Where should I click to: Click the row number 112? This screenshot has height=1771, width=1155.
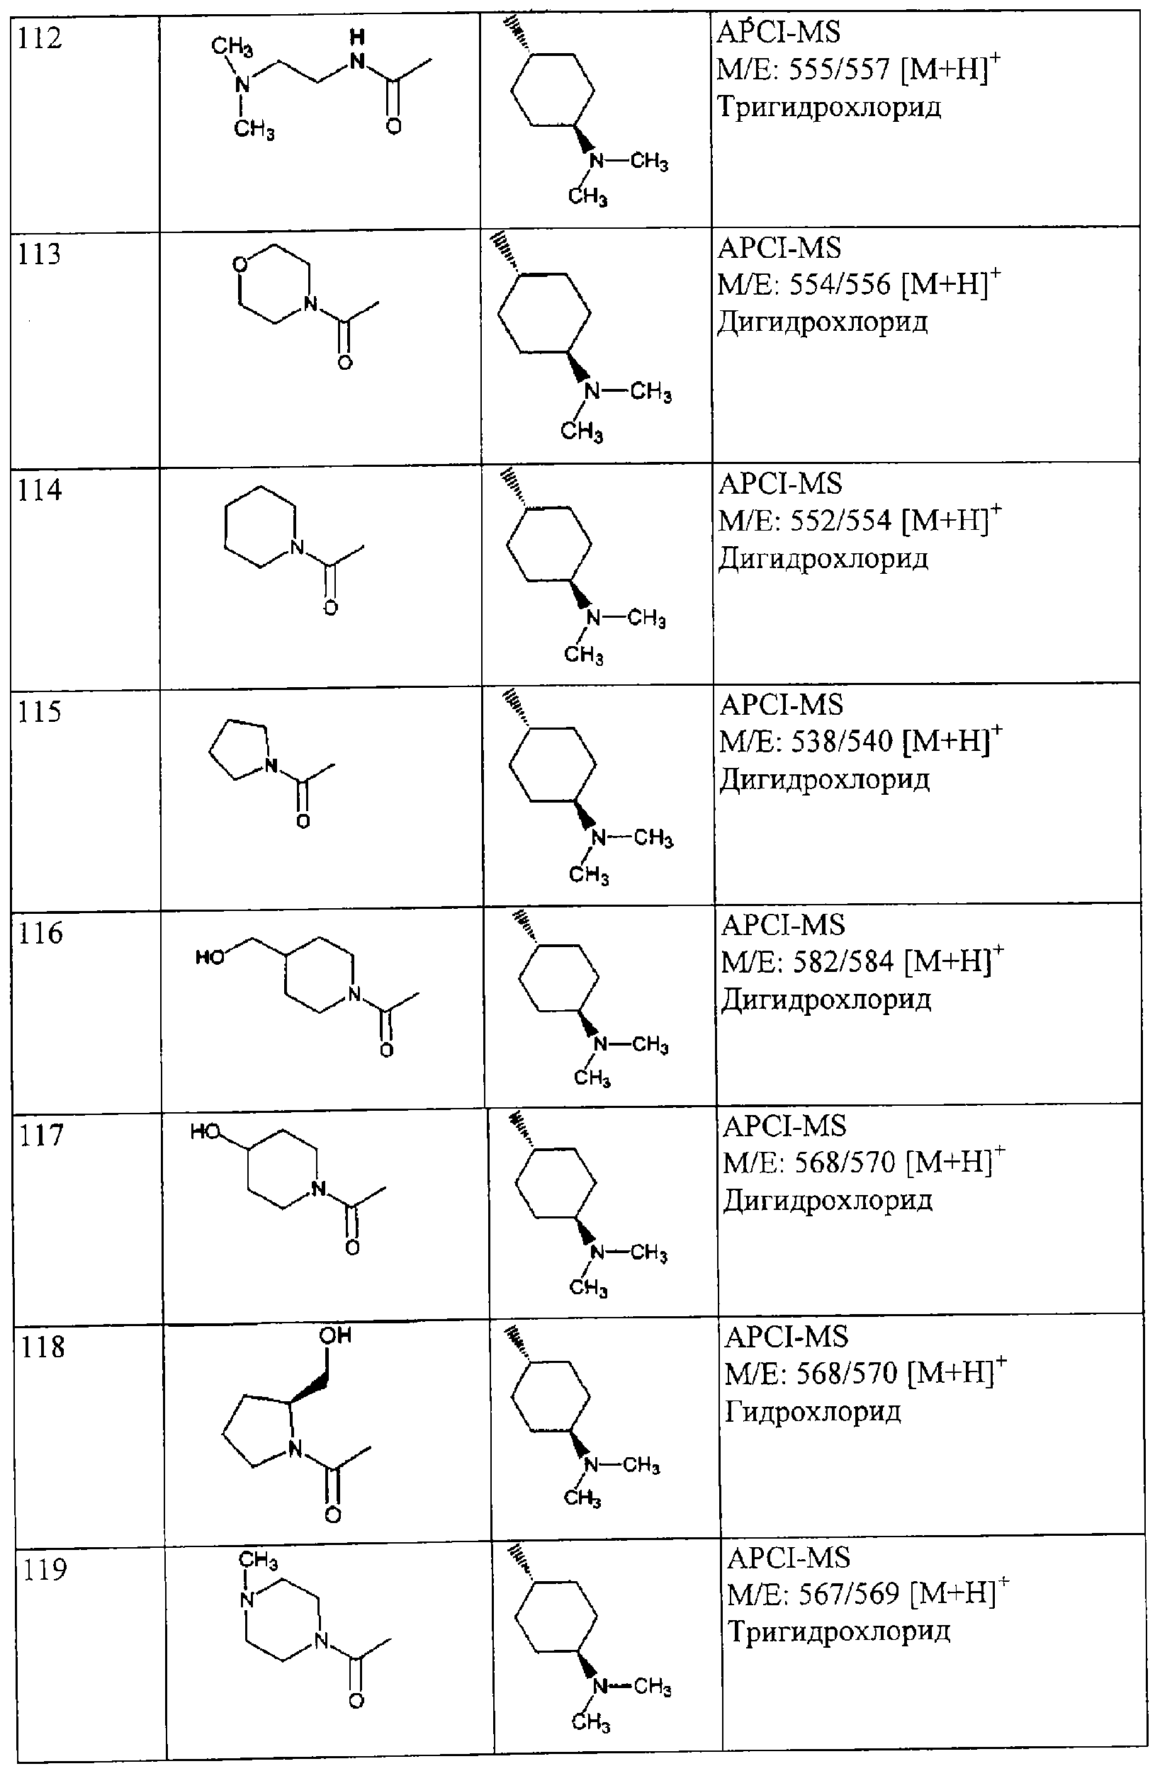(40, 38)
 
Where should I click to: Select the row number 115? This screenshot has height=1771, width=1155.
(41, 712)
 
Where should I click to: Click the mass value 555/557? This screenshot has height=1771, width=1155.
(839, 70)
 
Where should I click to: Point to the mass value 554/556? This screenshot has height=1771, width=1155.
(840, 285)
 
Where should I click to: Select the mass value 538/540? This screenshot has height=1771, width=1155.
(842, 742)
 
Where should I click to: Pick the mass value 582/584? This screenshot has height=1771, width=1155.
(843, 962)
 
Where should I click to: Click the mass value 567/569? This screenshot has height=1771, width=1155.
(850, 1595)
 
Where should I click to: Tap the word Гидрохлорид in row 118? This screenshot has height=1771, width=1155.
(813, 1412)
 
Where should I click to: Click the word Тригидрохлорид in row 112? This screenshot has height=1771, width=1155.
(829, 108)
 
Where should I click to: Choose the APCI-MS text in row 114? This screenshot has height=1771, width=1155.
(780, 485)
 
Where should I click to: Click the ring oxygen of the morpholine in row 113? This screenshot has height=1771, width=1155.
(240, 265)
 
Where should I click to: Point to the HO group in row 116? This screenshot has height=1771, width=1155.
(210, 957)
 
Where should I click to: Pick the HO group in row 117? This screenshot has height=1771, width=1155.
(206, 1133)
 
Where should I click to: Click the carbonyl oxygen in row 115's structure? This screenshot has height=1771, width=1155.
(303, 822)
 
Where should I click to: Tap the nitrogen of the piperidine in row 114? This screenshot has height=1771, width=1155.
(297, 548)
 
